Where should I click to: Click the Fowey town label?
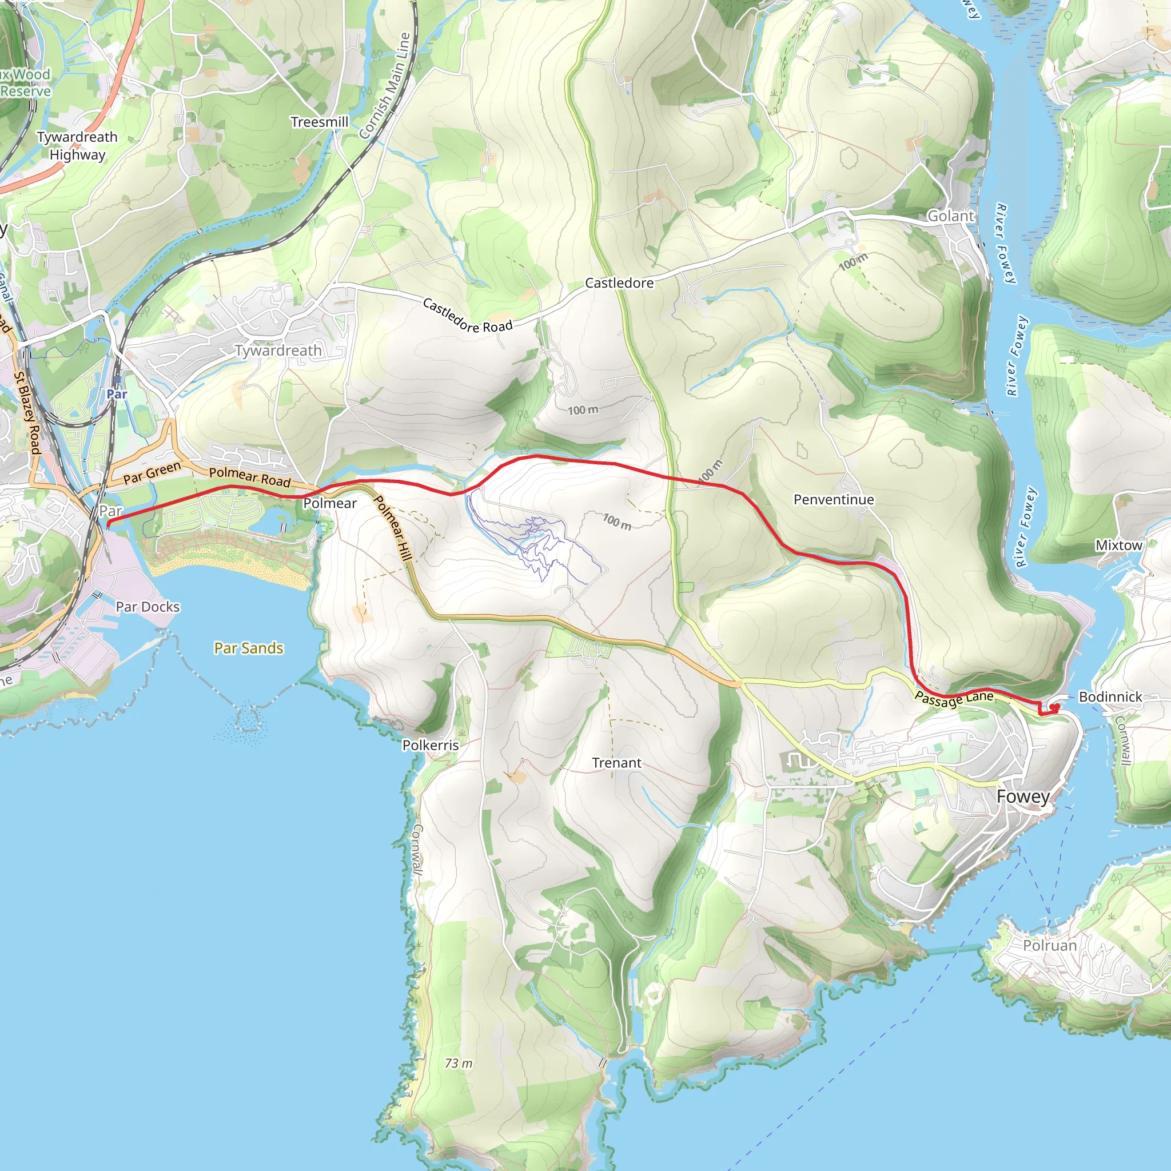point(1022,796)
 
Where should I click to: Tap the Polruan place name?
point(1050,946)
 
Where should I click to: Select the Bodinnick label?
point(1110,697)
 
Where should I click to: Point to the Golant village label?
point(950,216)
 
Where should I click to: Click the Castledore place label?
point(619,283)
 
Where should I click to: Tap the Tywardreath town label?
point(278,350)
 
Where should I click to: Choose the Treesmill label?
point(320,122)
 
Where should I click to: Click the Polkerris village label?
point(431,745)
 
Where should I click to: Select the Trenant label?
point(616,763)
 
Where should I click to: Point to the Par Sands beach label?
point(249,648)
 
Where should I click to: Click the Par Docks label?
point(148,607)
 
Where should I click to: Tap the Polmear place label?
point(330,503)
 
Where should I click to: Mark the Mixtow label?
point(1118,545)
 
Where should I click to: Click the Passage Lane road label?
point(954,699)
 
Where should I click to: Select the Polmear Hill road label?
point(392,527)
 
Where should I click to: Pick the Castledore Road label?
point(467,316)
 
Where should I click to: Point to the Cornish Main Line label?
point(384,85)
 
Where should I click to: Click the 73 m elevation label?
point(458,1063)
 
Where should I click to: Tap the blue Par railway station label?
point(117,394)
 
